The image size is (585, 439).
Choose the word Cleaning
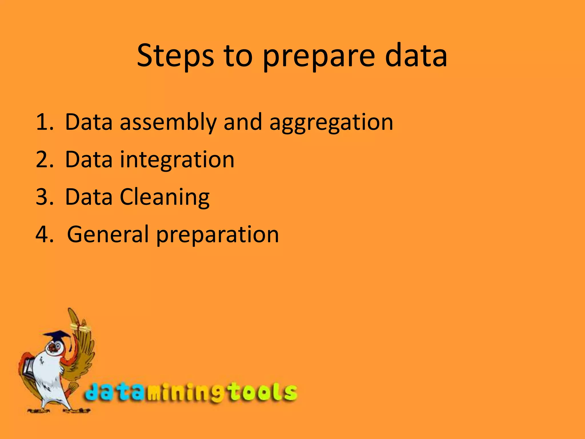point(165,197)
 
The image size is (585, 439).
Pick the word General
point(108,234)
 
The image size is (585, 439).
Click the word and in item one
point(243,122)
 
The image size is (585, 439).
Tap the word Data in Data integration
point(89,159)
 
